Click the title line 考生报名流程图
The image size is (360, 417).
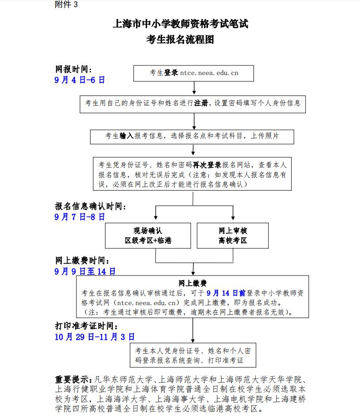click(x=180, y=40)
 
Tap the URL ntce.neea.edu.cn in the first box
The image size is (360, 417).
click(x=209, y=72)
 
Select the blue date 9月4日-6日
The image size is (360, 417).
click(x=80, y=80)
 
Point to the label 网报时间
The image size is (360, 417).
click(x=73, y=70)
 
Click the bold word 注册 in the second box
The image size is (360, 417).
click(x=201, y=103)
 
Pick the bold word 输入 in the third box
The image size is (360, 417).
click(x=126, y=136)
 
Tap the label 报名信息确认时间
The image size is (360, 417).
click(x=91, y=206)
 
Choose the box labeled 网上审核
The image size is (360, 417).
click(x=233, y=235)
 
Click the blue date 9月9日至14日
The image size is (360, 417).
click(x=85, y=271)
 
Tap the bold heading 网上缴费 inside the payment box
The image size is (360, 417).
click(x=193, y=282)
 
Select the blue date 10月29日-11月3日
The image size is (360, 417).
click(x=94, y=337)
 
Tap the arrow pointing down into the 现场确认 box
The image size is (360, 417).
click(x=156, y=214)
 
